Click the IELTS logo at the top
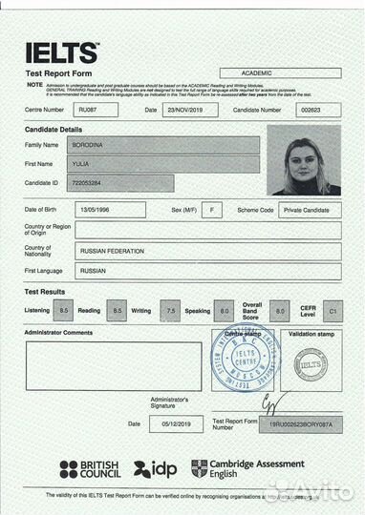pos(61,52)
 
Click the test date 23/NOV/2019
pos(191,110)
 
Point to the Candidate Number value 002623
pos(311,110)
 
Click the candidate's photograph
pos(304,160)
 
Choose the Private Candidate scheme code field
pos(310,209)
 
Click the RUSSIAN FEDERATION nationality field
pos(206,251)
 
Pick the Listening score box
pos(64,311)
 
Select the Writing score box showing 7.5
pos(171,311)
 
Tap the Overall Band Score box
pos(278,311)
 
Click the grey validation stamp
pos(311,363)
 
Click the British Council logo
pos(90,469)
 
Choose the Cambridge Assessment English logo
pos(247,468)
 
